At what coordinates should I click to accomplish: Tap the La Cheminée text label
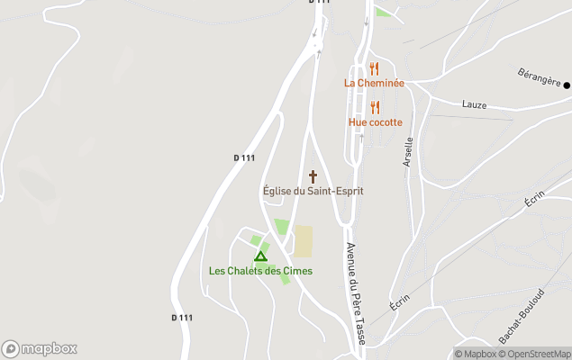click(x=374, y=83)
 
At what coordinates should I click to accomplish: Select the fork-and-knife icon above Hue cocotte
click(x=375, y=107)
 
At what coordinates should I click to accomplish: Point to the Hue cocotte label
click(x=376, y=122)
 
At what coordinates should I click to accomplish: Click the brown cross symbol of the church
click(x=313, y=176)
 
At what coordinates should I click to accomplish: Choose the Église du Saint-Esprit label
click(x=313, y=191)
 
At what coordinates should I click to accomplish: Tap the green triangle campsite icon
click(x=260, y=256)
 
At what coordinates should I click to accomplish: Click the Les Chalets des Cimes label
click(x=260, y=271)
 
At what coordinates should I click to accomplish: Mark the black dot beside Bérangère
click(x=567, y=85)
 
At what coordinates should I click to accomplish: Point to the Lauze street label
click(x=474, y=105)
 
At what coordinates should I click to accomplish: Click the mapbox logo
click(x=40, y=348)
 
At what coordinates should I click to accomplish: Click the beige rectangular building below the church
click(x=304, y=241)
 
